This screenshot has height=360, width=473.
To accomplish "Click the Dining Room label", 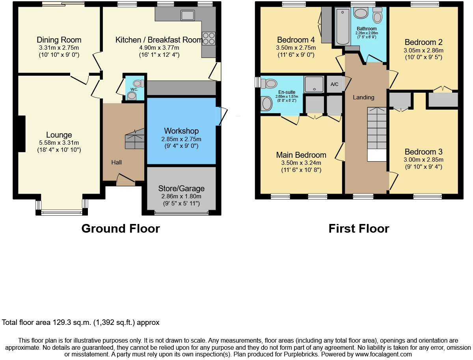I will tap(59, 40).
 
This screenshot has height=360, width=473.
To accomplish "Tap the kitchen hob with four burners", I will tap(209, 38).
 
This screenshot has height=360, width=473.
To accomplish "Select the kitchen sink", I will tap(187, 15).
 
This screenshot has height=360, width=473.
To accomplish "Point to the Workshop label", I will tap(181, 131).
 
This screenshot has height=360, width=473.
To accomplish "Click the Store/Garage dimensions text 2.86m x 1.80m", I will tap(181, 196).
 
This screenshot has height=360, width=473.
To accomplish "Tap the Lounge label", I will tap(59, 135).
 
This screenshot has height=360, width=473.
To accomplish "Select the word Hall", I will tap(116, 162).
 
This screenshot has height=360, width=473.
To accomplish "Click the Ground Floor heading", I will tap(120, 229).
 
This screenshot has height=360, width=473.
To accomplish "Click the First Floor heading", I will tap(359, 229).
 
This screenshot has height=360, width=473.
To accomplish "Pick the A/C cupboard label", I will tap(334, 84).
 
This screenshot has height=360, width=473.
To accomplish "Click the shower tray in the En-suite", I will tap(314, 84).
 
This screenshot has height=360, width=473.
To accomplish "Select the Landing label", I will tap(363, 97).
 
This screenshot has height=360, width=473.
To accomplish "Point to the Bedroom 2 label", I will tap(424, 42).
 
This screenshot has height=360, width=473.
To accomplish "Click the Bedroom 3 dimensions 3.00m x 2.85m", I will tap(424, 160).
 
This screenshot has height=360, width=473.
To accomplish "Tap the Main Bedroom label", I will tap(301, 155).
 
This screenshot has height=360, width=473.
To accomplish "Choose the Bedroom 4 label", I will tap(296, 40).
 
